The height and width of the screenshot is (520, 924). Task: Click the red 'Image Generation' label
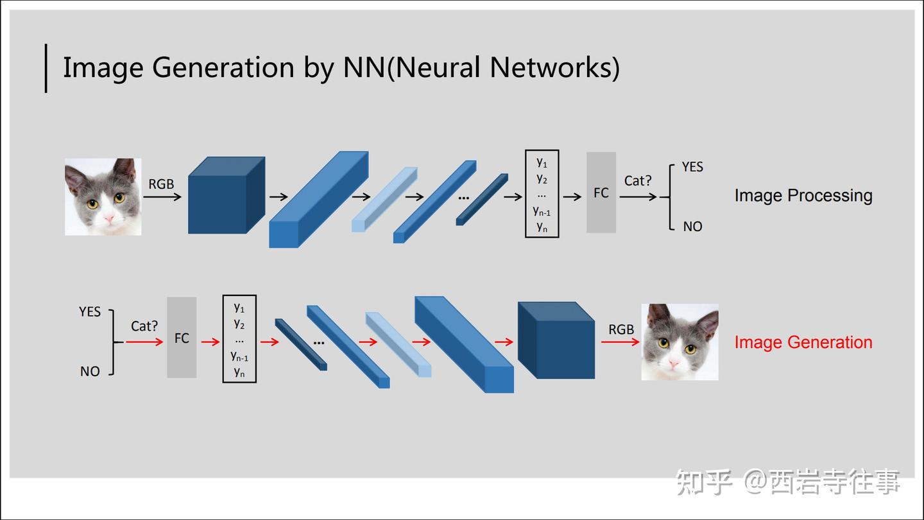click(x=803, y=343)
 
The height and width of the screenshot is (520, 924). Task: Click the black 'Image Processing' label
click(x=803, y=196)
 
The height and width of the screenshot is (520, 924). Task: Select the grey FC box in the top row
click(x=601, y=193)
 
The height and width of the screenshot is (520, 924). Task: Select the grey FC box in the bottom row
click(x=182, y=338)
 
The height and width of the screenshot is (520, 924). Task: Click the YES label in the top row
click(x=692, y=167)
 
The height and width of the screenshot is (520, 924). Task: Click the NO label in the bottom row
click(x=90, y=372)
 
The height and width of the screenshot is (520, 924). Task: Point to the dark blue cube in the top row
click(x=227, y=195)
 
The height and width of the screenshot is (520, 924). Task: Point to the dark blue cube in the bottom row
click(x=556, y=340)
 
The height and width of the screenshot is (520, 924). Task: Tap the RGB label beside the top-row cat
click(x=161, y=184)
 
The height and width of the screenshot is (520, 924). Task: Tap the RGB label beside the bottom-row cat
click(x=621, y=329)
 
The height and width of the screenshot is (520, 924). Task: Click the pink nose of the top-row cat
click(x=109, y=218)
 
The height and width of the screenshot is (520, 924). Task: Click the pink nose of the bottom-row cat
click(x=673, y=363)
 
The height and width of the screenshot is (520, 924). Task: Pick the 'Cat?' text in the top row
click(x=638, y=181)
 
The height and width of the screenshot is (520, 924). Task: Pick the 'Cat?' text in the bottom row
click(x=144, y=326)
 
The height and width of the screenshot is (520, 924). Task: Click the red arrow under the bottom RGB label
click(x=620, y=342)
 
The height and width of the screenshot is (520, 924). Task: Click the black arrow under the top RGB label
click(x=162, y=197)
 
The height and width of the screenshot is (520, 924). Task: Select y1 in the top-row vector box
click(x=542, y=162)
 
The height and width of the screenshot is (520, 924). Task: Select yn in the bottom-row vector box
click(x=239, y=372)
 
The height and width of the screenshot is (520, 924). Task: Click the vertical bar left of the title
click(x=46, y=68)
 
